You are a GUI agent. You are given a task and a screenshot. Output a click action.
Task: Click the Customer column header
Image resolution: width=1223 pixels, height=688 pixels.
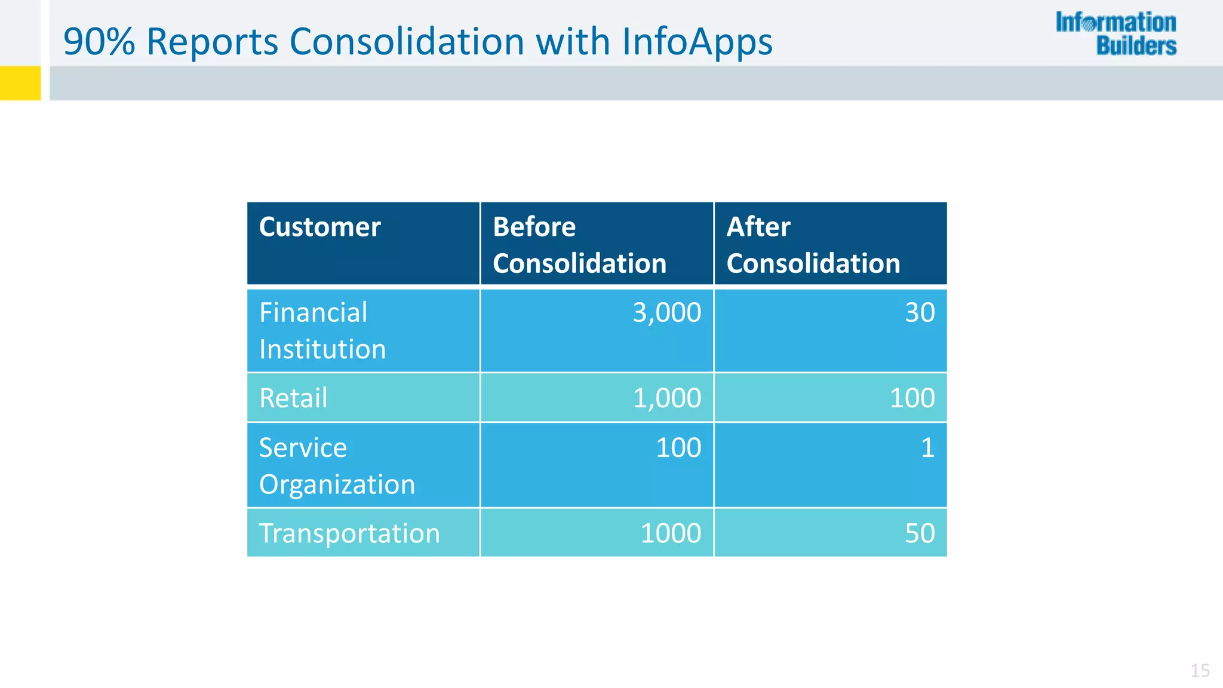[x=320, y=228]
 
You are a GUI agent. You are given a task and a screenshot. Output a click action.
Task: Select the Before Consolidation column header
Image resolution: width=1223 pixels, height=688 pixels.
[x=579, y=245]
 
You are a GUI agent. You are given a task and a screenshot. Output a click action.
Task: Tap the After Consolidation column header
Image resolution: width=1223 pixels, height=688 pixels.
[x=813, y=245]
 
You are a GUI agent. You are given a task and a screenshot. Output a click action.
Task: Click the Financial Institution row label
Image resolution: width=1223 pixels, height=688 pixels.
[x=322, y=330]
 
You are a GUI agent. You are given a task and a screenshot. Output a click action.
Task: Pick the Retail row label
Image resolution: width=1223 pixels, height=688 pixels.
[x=293, y=398]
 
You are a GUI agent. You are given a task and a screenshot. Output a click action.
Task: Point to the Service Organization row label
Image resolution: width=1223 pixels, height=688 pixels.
[x=337, y=466]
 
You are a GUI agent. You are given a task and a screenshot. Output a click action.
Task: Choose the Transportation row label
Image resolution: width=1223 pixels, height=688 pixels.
[x=349, y=533]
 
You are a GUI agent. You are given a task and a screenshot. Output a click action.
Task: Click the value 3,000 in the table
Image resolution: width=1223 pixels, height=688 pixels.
[x=666, y=313]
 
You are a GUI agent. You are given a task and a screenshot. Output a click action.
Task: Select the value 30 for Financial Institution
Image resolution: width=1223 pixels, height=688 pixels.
[x=920, y=313]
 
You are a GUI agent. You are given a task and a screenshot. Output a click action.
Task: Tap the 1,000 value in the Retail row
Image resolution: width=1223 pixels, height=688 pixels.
[x=666, y=398]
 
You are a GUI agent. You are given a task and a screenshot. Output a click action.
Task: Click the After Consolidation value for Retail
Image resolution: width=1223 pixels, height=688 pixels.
[x=912, y=398]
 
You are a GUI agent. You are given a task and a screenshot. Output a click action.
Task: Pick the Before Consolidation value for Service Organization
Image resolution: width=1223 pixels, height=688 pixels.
[x=678, y=448]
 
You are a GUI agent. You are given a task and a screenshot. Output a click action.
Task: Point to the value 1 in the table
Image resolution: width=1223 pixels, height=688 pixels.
[x=927, y=448]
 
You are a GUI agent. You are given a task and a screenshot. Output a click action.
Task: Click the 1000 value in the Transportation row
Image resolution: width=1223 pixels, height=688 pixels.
[x=671, y=533]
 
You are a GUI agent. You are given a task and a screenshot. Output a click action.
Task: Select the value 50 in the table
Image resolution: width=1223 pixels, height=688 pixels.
[x=920, y=533]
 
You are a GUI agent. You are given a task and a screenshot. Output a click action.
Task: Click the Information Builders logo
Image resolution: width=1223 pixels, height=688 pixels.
[x=1116, y=34]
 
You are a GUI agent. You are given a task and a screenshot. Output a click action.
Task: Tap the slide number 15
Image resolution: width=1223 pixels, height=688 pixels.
[x=1200, y=671]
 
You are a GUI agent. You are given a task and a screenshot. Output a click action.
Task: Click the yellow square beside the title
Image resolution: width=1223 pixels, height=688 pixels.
[x=20, y=83]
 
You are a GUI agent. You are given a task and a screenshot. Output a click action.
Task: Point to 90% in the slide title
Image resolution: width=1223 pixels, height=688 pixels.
[x=99, y=42]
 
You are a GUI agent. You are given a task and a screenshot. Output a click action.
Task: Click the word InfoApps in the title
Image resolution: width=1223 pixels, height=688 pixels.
[x=697, y=42]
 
